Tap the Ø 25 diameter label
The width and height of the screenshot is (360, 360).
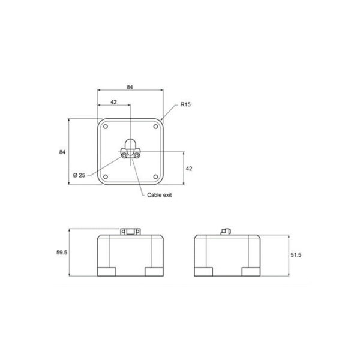[79, 175]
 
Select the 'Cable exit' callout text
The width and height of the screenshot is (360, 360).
[160, 196]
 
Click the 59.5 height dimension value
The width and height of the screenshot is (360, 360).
[61, 253]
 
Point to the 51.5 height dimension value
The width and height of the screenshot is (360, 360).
[295, 255]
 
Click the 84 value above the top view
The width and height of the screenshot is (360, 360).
[130, 88]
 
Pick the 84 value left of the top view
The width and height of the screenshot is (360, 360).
[62, 152]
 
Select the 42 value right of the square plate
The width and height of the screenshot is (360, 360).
[188, 169]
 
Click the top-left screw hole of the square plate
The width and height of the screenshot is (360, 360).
[106, 127]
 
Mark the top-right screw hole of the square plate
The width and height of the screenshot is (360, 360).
[155, 127]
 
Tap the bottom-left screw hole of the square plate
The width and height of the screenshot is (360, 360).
[106, 176]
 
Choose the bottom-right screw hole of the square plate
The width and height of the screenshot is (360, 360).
[155, 176]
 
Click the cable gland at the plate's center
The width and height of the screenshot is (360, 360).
[130, 150]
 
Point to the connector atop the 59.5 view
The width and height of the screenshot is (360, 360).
[130, 231]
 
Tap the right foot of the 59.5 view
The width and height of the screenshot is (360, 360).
[154, 271]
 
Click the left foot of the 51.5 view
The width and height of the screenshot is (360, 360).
[205, 271]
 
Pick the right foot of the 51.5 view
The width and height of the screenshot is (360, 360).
[251, 271]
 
